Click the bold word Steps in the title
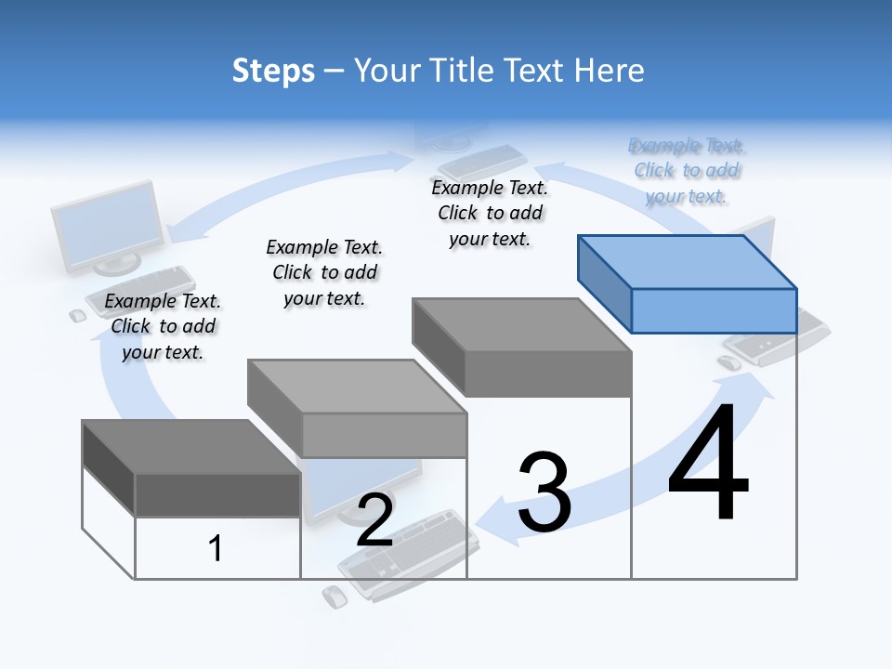point(273,71)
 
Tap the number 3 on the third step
point(544,492)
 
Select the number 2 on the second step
point(374,520)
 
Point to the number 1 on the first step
point(216,548)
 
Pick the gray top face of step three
point(520,325)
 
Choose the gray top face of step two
point(357,386)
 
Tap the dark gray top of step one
point(190,446)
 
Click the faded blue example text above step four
point(687,171)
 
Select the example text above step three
point(490,213)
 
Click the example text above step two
point(324,272)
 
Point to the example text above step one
point(163,326)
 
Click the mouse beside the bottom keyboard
point(334,597)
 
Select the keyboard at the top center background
point(483,163)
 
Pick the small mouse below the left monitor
point(78,316)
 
